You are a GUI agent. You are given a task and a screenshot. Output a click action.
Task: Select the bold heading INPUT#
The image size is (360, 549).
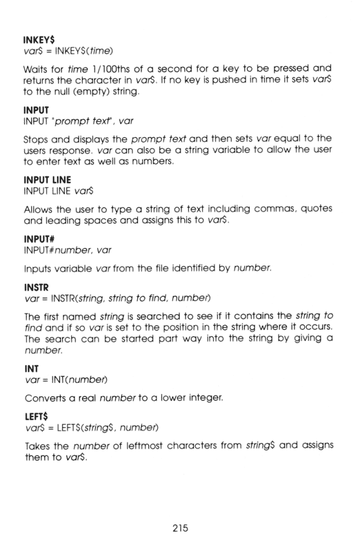coord(40,227)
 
